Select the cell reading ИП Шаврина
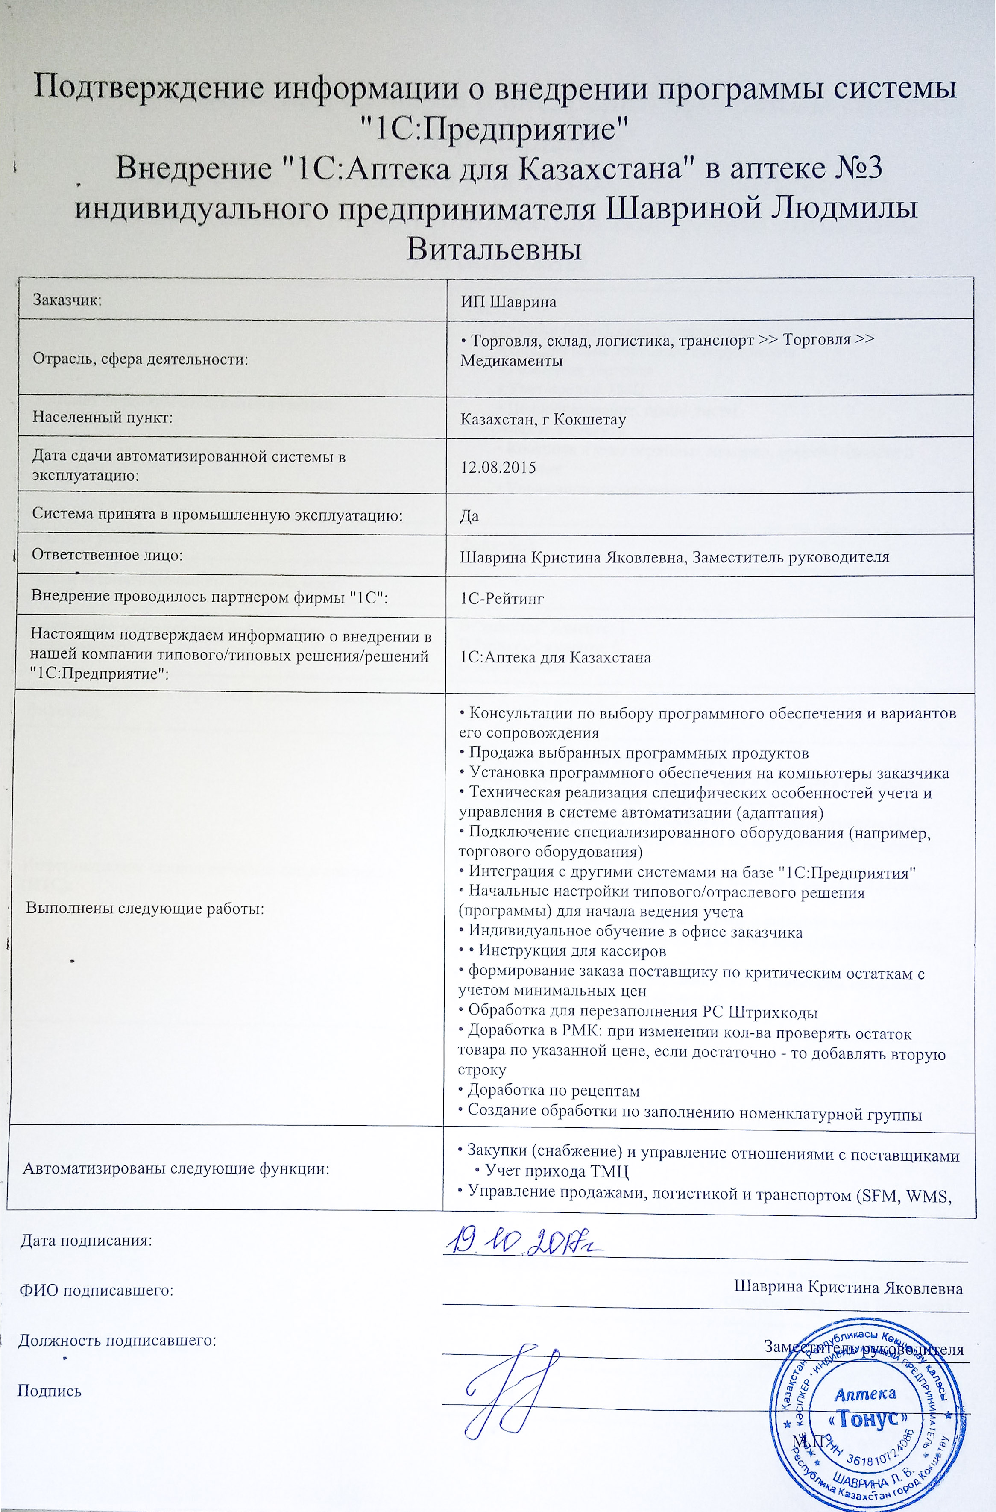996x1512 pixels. [x=508, y=302]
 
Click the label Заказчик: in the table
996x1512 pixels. [x=68, y=300]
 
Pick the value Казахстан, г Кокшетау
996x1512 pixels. [x=543, y=420]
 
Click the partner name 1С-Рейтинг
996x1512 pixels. [x=502, y=598]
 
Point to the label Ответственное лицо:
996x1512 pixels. [x=107, y=555]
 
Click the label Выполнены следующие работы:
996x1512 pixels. [x=145, y=908]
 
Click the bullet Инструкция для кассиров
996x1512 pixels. [x=571, y=951]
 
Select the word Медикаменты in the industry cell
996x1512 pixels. [x=511, y=361]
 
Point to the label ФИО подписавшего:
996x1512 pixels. [x=97, y=1290]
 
